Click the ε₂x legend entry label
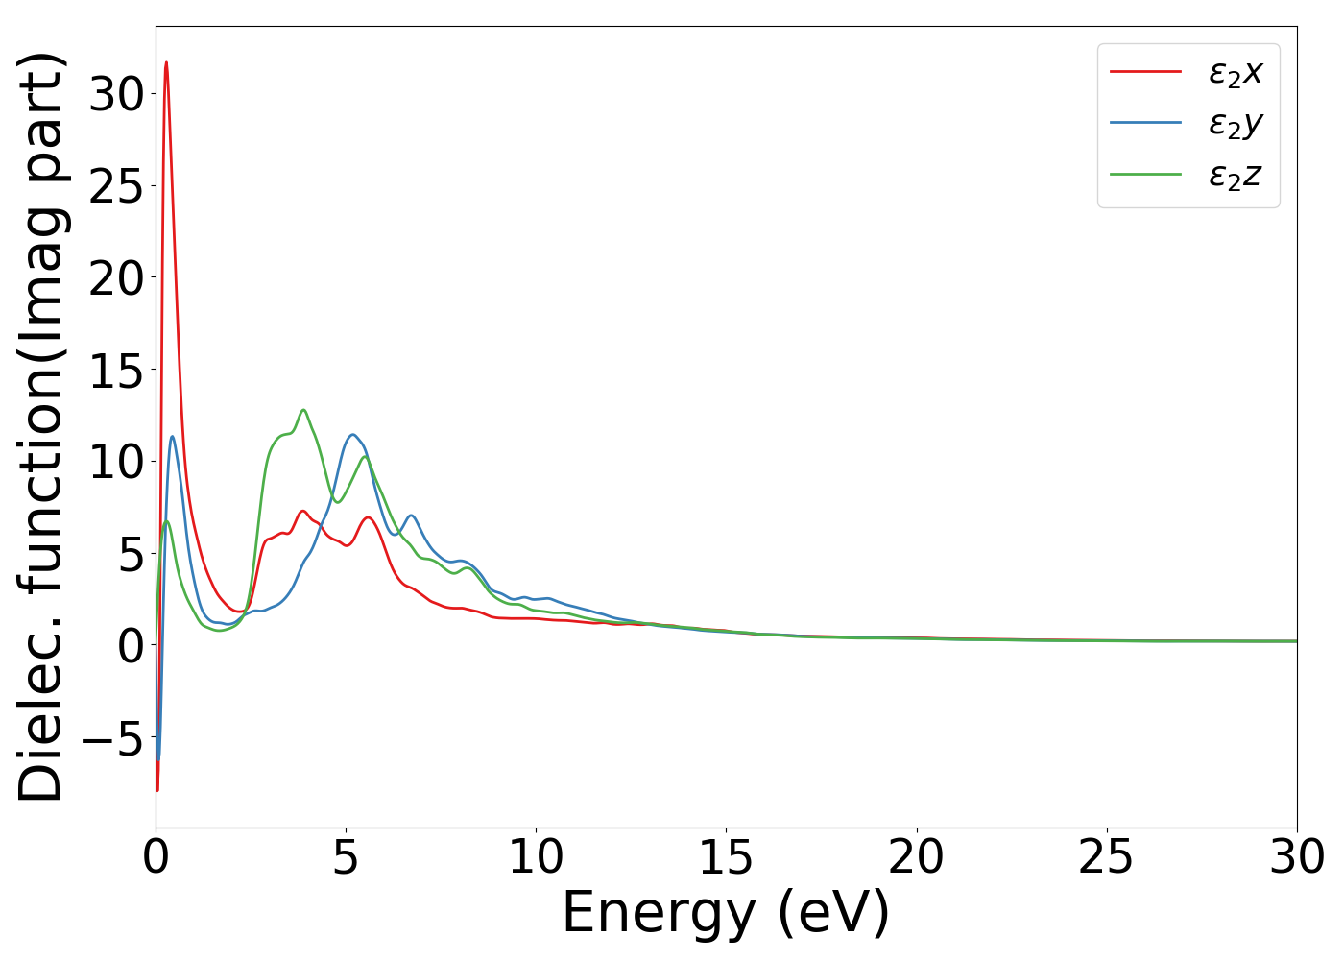(1235, 72)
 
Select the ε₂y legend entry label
(1235, 124)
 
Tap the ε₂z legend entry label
(1235, 176)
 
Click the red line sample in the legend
(1145, 71)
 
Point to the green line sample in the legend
(1145, 175)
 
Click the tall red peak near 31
(166, 63)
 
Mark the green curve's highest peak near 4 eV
(303, 410)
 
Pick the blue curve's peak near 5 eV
(352, 435)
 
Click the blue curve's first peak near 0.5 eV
(173, 437)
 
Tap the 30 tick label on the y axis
(116, 94)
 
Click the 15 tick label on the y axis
(116, 370)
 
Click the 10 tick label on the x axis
(536, 857)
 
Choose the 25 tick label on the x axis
(1106, 857)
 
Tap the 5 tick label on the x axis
(346, 857)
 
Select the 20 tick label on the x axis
(916, 857)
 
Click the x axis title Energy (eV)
(726, 912)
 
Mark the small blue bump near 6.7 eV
(411, 516)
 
